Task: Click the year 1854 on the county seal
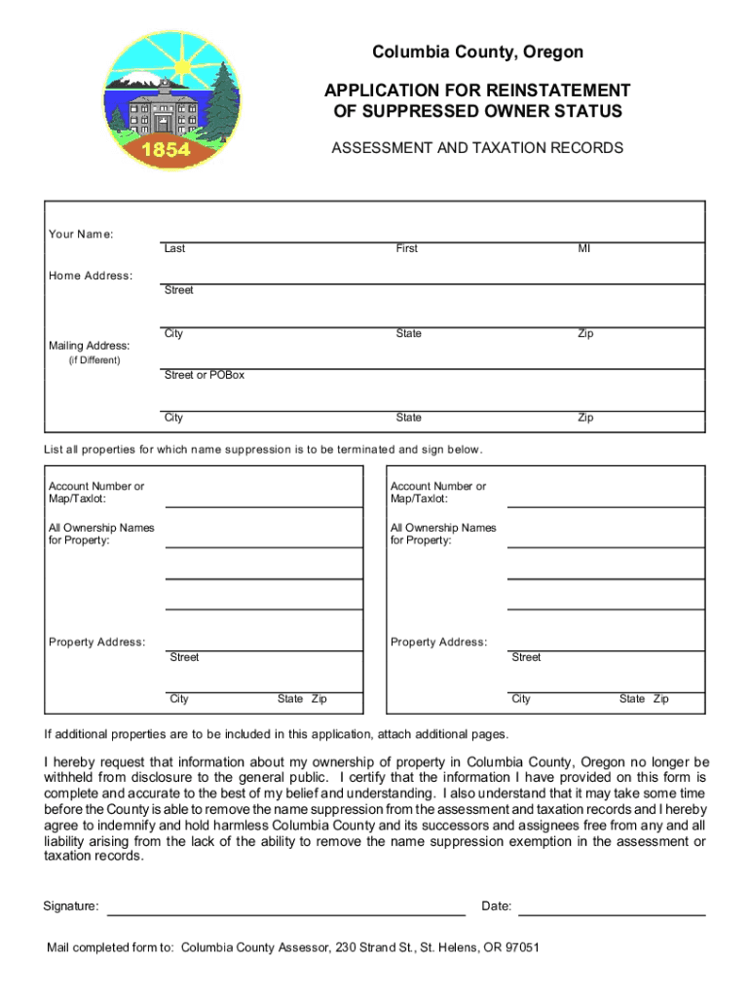tap(166, 149)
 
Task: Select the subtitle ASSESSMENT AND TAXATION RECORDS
tap(477, 148)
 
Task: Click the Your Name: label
tap(81, 235)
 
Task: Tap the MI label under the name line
tap(584, 248)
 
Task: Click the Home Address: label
tap(91, 276)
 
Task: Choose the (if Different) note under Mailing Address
tap(88, 360)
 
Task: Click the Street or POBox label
tap(204, 375)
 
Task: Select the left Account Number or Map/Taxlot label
tap(95, 493)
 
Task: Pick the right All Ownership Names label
tap(443, 534)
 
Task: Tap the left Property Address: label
tap(97, 642)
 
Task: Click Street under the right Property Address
tap(526, 657)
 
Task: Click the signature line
tap(285, 914)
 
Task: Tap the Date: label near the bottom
tap(497, 906)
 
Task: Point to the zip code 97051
tap(519, 947)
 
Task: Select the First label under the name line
tap(406, 248)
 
